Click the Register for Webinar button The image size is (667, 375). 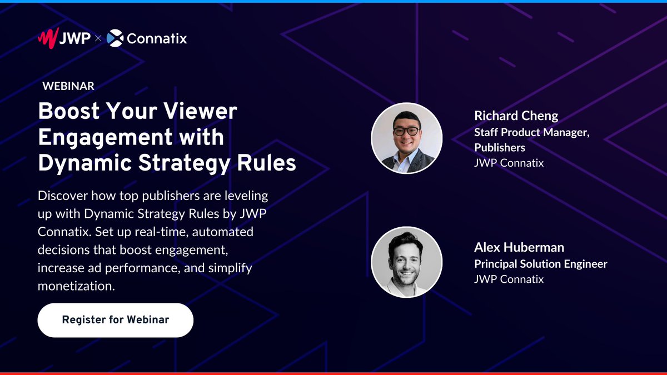pyautogui.click(x=115, y=320)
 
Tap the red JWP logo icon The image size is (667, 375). pyautogui.click(x=47, y=38)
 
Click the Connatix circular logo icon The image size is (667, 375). pyautogui.click(x=115, y=38)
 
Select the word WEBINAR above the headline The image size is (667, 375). pyautogui.click(x=68, y=86)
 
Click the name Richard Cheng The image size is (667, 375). pyautogui.click(x=516, y=116)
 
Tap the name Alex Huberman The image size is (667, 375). pyautogui.click(x=519, y=247)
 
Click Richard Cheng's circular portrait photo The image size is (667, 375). pyautogui.click(x=407, y=138)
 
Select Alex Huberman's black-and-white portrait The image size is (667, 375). pyautogui.click(x=407, y=261)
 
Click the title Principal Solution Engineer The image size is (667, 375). pyautogui.click(x=540, y=264)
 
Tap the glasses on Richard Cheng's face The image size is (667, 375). pyautogui.click(x=406, y=132)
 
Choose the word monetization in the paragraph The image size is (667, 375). pyautogui.click(x=75, y=286)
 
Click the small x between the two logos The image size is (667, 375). pyautogui.click(x=98, y=39)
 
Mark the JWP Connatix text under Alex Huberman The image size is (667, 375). pyautogui.click(x=509, y=279)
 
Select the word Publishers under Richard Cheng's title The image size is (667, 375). pyautogui.click(x=500, y=147)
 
